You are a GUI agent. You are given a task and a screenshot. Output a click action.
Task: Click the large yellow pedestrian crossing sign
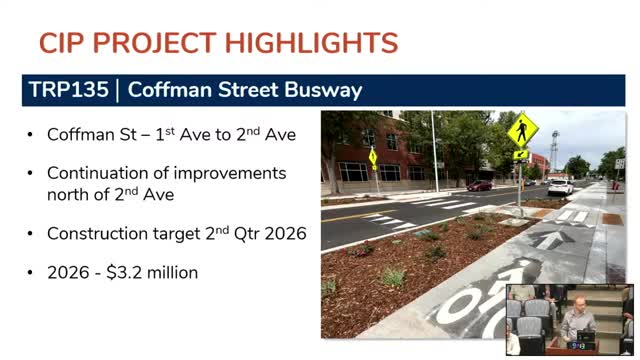522,130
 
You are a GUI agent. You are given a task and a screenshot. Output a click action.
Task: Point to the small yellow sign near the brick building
373,157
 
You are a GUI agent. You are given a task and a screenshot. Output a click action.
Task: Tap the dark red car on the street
479,185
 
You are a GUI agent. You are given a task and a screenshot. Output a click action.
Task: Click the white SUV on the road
560,186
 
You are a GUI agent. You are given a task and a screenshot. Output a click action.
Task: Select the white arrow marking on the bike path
548,240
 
